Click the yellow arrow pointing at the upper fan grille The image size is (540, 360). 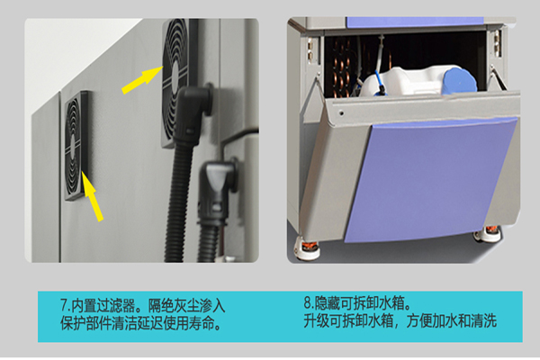[x=142, y=80]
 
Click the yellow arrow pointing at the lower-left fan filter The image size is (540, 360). [x=92, y=196]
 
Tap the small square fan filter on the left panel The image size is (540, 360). [x=76, y=146]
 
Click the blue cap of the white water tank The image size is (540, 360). [x=460, y=81]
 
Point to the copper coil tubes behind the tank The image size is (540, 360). [x=342, y=70]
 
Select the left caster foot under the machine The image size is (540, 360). [x=307, y=248]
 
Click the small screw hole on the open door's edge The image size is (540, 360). [x=341, y=112]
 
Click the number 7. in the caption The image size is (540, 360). [x=66, y=306]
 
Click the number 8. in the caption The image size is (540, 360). [x=309, y=303]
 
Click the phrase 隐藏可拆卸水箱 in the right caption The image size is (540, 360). [x=358, y=303]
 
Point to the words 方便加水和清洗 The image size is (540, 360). [x=452, y=321]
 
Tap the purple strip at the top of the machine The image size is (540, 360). [x=415, y=22]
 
